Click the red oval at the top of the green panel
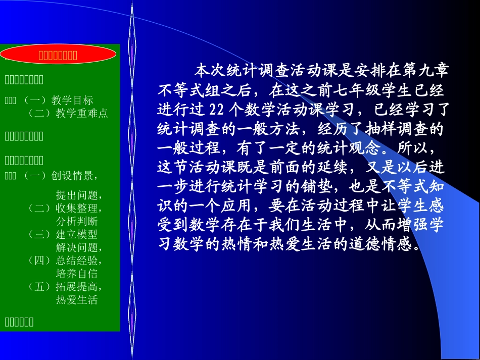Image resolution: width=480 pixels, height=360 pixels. [x=58, y=55]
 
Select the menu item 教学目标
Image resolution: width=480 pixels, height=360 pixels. [x=72, y=100]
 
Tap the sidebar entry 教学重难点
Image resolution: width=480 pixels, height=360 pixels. [x=82, y=113]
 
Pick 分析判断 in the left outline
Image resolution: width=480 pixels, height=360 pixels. [x=77, y=221]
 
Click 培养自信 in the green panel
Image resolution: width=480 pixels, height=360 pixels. [x=77, y=274]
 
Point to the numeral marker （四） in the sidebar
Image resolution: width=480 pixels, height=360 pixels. [x=40, y=261]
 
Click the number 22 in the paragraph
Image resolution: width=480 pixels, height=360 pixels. [x=216, y=111]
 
